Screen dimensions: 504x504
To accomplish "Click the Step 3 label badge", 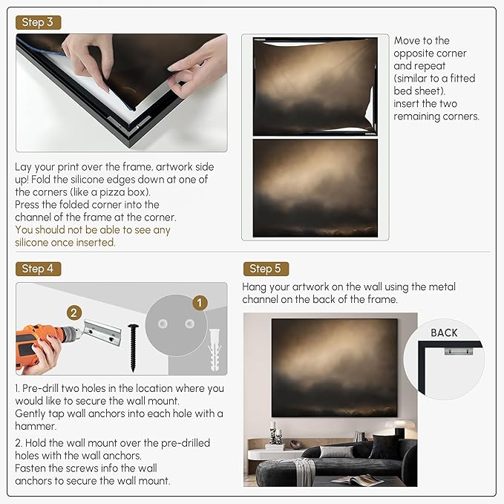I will (38, 22).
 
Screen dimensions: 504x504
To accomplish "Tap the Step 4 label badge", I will (38, 269).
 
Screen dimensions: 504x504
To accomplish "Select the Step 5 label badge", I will (266, 269).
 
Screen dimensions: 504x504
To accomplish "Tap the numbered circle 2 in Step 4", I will (74, 313).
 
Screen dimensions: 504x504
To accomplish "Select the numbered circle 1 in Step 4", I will (198, 303).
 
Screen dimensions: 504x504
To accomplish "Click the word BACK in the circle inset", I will (444, 333).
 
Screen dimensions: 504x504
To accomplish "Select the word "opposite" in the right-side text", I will (420, 53).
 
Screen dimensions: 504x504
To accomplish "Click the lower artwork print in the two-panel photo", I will (315, 187).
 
